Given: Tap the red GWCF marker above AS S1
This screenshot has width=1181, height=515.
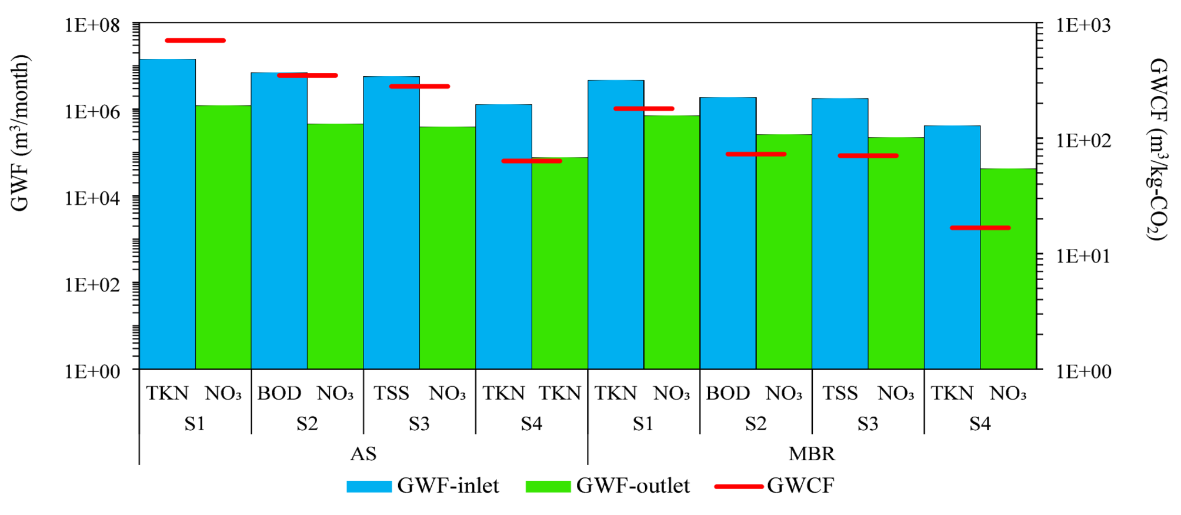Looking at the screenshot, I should click(195, 41).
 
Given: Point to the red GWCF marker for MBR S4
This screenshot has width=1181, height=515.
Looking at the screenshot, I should click(980, 228).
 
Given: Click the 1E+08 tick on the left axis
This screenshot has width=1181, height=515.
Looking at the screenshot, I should click(92, 25).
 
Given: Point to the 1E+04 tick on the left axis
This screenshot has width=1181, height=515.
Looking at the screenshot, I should click(92, 198).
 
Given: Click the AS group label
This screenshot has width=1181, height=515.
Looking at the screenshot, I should click(363, 454).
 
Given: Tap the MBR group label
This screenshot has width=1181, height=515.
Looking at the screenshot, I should click(812, 454).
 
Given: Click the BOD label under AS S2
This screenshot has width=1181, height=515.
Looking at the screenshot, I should click(279, 393).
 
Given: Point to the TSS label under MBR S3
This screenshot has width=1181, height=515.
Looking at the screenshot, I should click(840, 393).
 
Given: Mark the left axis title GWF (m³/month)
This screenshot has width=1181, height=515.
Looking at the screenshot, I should click(20, 133).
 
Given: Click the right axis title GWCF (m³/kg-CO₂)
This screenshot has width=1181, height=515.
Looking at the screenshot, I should click(1157, 149).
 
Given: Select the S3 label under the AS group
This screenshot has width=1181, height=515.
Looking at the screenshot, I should click(419, 424).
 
